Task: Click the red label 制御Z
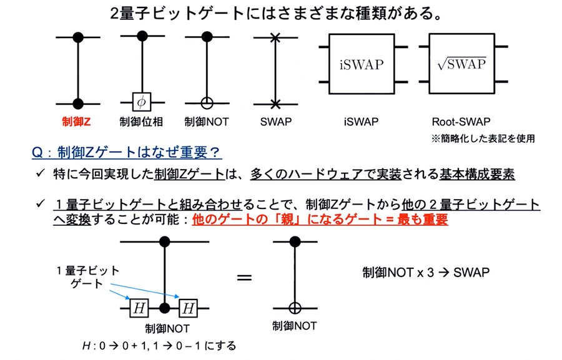(76, 122)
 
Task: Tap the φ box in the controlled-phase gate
(142, 102)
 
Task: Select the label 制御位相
(141, 122)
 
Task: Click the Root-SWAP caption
(461, 122)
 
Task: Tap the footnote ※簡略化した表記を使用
(483, 139)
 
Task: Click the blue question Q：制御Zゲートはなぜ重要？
(127, 153)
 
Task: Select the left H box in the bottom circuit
(139, 308)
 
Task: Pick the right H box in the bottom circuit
(188, 308)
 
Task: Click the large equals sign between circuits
(244, 278)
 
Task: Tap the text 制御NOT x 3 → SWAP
(426, 273)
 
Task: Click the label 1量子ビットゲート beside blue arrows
(88, 277)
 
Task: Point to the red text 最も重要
(423, 219)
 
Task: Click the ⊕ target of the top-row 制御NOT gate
(207, 103)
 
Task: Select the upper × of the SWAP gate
(275, 37)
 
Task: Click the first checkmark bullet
(40, 173)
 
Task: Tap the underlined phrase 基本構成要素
(477, 174)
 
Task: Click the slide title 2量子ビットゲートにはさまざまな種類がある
(276, 14)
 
